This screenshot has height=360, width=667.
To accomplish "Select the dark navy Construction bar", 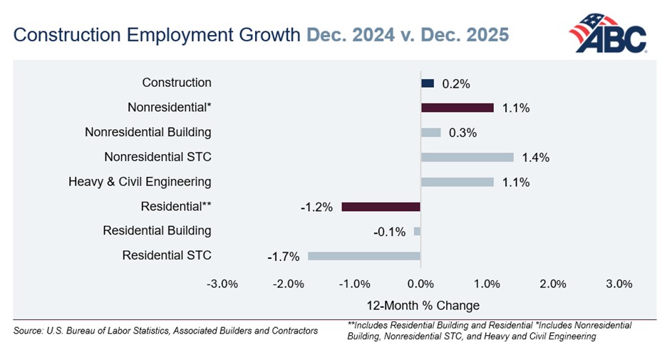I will pos(428,83).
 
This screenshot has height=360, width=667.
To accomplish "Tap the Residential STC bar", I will pos(364,256).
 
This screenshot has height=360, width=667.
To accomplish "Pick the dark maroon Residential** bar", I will pos(381,207).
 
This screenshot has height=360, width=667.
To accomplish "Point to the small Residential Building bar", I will pos(417,231).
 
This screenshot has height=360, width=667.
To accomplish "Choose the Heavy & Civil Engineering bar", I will pos(457,182).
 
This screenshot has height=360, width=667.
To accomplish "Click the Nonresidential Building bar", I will pos(431,133).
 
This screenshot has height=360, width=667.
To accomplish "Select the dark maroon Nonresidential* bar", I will pos(457,108).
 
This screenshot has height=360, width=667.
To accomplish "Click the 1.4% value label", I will pos(534,158).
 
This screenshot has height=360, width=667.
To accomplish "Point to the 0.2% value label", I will pos(455,83).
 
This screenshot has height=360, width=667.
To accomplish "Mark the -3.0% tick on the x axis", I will pos(222,284).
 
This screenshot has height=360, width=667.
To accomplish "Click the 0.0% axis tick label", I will pos(420,284).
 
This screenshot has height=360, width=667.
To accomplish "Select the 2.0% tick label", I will pos(553,284).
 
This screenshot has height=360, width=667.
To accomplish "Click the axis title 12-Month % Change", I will pos(423,305).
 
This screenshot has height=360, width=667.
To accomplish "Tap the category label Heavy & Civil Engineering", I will pos(140,182).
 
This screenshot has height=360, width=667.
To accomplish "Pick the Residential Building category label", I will pos(157,231).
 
